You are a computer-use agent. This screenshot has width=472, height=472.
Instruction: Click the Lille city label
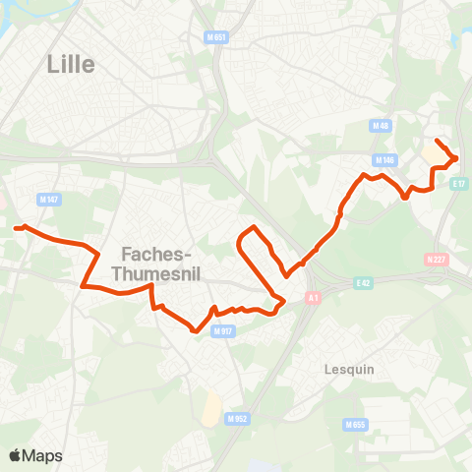71,64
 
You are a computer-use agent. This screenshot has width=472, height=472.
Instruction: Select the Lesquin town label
350,370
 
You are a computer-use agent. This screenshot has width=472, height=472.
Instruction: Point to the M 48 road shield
382,126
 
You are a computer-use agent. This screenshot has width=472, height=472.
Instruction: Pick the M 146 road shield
384,159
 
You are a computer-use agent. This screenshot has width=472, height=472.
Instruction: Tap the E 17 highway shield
459,183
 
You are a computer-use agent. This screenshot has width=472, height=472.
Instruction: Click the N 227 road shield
437,260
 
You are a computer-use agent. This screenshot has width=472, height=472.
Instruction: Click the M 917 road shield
222,330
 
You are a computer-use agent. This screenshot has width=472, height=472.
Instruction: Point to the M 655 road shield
355,424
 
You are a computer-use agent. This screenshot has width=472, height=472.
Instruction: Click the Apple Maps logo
35,455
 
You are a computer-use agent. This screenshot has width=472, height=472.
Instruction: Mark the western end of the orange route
17,228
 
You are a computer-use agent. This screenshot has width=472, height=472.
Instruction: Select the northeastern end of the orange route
437,142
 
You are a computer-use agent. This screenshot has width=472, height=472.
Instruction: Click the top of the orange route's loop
255,227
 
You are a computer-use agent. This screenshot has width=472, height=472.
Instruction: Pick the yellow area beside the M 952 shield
209,408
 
